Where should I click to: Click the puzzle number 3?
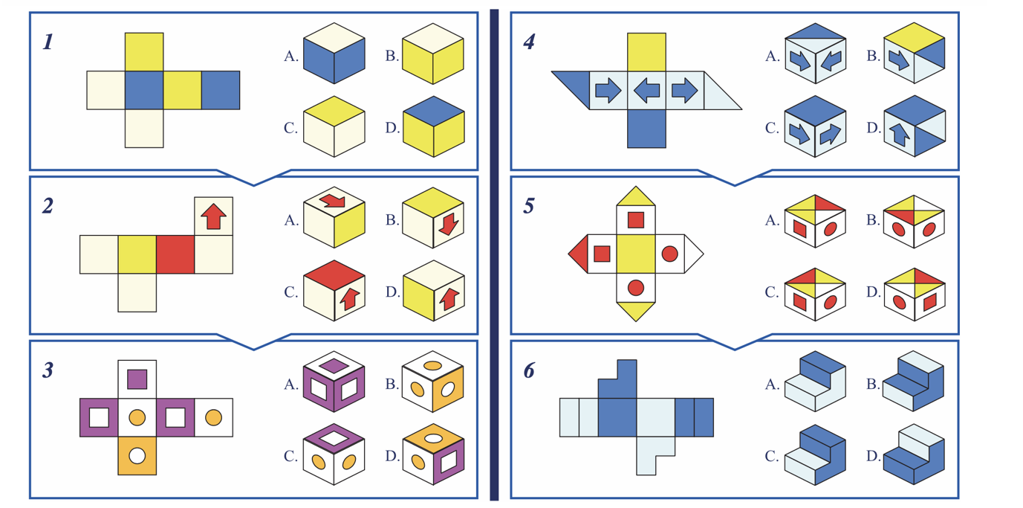(x=48, y=370)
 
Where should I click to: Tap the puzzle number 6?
(x=528, y=370)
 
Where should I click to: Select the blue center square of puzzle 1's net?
(x=144, y=90)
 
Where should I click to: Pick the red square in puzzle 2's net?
(x=175, y=254)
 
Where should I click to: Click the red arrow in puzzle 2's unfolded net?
(x=213, y=216)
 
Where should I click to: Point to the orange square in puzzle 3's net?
(x=137, y=455)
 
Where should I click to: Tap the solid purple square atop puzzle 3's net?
(x=137, y=379)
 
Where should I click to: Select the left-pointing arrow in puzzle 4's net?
(x=646, y=90)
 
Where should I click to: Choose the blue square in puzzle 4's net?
(x=646, y=128)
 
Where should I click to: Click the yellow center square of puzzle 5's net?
(x=636, y=254)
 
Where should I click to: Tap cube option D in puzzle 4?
(x=915, y=127)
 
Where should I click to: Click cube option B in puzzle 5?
(x=915, y=221)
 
